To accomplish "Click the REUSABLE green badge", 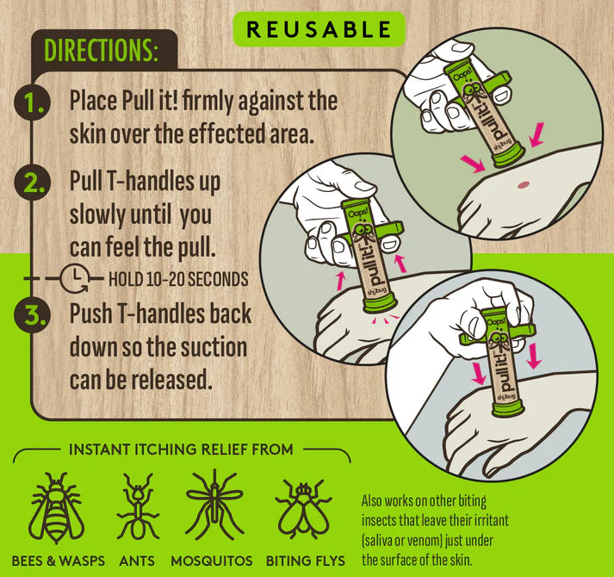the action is [319, 29].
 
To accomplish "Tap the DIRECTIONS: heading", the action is [101, 51].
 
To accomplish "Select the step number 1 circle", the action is [32, 102].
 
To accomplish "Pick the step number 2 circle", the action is [32, 183].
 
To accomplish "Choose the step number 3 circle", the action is [32, 314].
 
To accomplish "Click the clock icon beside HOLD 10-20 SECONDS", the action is [75, 279].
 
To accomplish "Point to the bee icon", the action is [56, 508].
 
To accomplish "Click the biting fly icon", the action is [303, 508].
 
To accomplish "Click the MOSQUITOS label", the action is [212, 561].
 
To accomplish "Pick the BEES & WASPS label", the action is [59, 561].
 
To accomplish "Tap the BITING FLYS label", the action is [306, 561].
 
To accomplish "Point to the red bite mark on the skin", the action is [524, 185].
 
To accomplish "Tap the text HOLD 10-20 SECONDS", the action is [178, 279].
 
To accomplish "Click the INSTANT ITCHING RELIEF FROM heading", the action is [181, 450].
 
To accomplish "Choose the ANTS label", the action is [137, 561].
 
